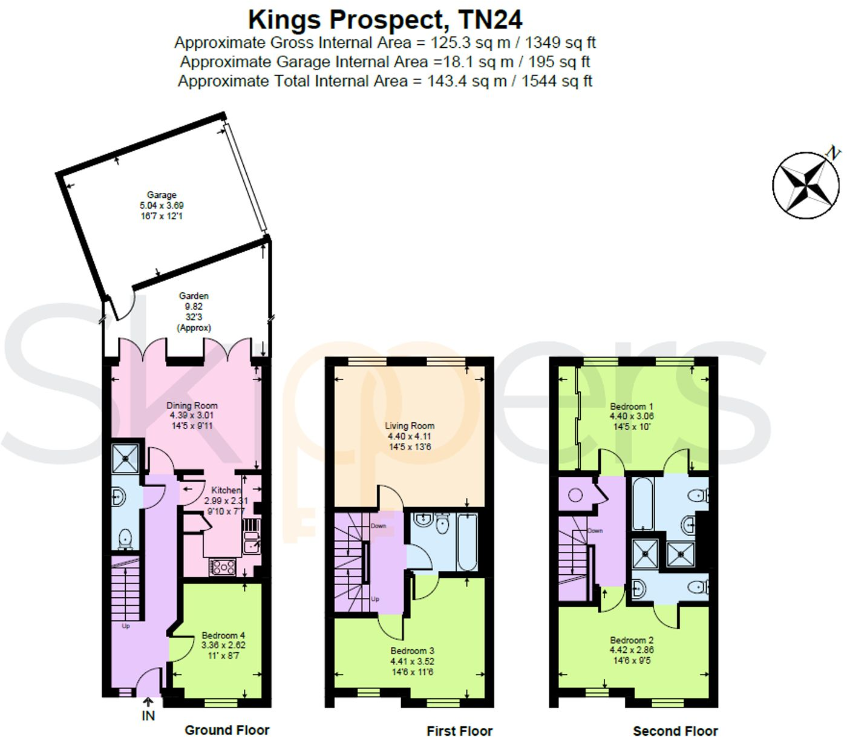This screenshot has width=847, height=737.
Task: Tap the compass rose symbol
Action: (806, 185)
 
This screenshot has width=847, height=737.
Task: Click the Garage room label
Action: (162, 195)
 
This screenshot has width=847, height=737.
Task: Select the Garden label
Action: (194, 296)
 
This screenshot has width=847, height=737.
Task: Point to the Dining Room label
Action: (192, 405)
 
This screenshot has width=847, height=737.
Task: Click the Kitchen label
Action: (226, 490)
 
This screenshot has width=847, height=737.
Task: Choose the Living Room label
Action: (410, 425)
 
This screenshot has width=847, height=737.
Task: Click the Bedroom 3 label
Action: (412, 650)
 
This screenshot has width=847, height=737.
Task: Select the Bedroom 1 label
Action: (631, 406)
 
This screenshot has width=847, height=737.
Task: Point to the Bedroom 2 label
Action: (631, 640)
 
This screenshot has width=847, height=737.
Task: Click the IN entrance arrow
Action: (148, 702)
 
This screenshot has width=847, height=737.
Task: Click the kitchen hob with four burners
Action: (223, 567)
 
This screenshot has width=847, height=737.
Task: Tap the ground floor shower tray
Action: (125, 457)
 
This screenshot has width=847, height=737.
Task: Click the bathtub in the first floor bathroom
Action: (466, 542)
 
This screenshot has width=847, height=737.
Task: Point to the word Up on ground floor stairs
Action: (126, 626)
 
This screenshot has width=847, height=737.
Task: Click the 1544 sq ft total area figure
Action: (557, 80)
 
